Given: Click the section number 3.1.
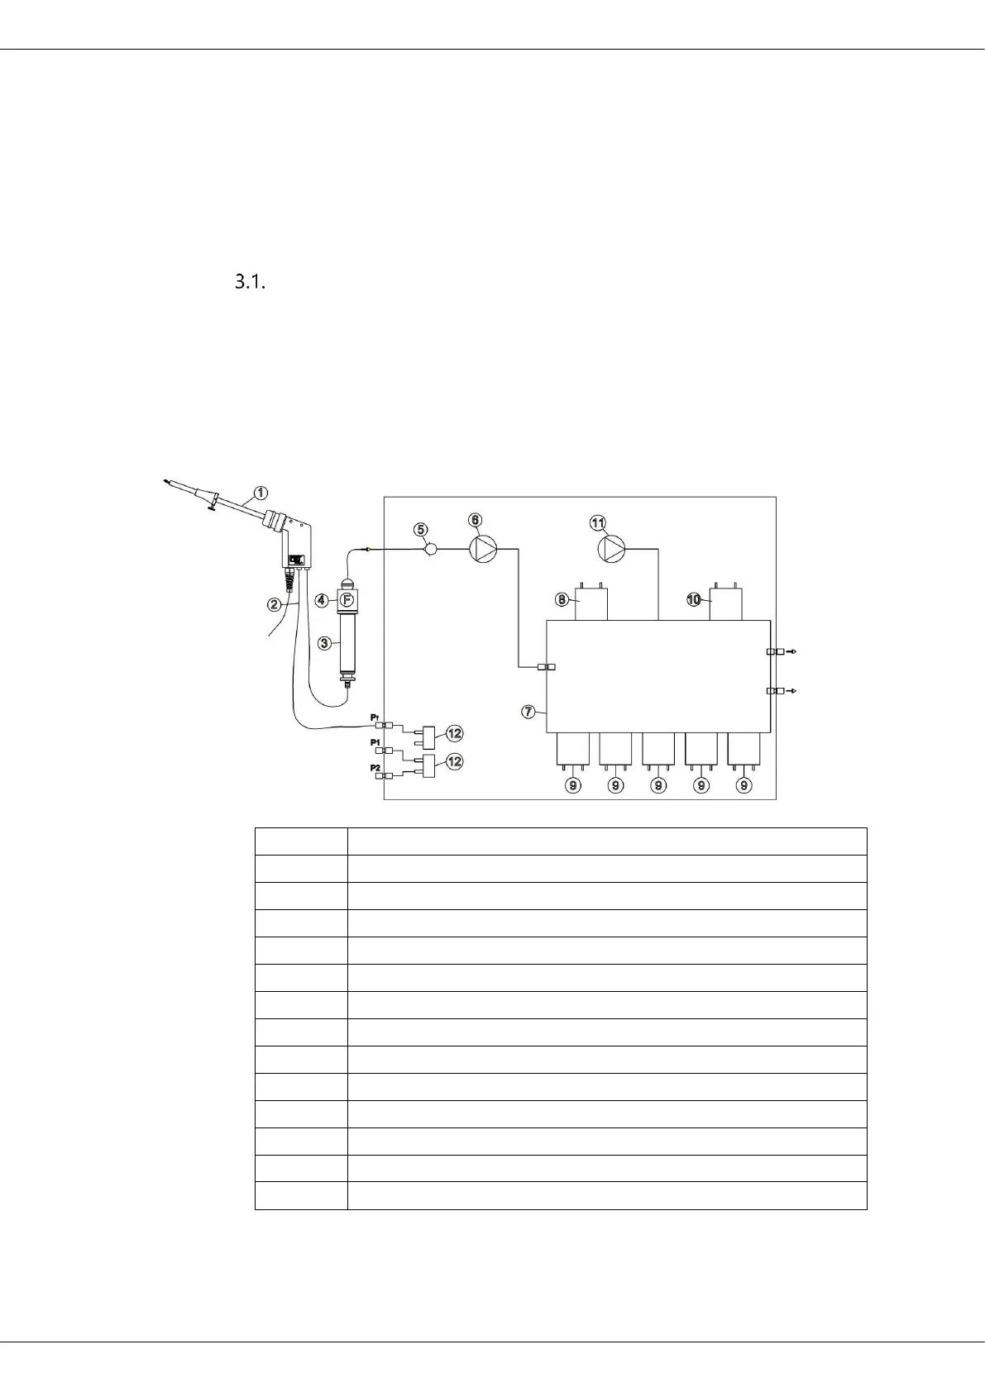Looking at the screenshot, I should coord(250,283).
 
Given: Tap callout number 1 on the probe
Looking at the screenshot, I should coord(261,493).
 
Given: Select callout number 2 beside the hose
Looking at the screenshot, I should coord(274,604).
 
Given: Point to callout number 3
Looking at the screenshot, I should coord(325,643).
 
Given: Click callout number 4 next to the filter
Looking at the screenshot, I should coord(323,600).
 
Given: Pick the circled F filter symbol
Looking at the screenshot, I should coord(347,599).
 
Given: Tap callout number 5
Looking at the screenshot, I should coord(421,529).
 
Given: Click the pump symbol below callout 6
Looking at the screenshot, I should coord(484,548).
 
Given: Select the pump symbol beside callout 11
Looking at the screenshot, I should coord(612,548).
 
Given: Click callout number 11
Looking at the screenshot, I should coord(597,522).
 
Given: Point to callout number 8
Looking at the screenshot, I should coord(562,599).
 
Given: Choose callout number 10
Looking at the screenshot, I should coord(693,599).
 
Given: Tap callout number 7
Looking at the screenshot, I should coord(528,711).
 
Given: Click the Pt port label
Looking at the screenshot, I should coord(375,717).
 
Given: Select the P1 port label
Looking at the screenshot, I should coord(375,742).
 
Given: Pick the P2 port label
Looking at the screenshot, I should coord(375,768).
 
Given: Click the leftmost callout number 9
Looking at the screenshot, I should coord(572,785).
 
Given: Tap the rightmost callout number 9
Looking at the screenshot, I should coord(744,785).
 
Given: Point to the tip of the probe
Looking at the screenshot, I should coord(166,479).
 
